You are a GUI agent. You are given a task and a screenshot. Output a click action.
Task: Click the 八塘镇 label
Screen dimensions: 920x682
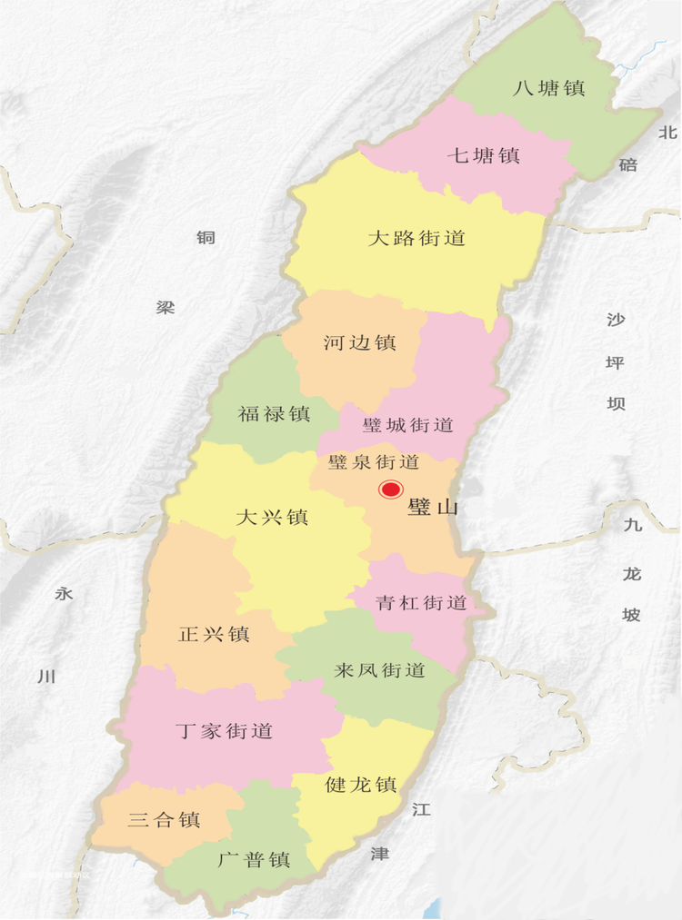548,88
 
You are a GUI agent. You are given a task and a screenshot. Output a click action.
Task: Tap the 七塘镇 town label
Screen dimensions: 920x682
483,155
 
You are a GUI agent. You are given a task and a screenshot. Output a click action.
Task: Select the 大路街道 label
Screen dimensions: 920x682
416,238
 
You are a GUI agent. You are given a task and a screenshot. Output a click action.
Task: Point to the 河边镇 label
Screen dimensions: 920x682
359,342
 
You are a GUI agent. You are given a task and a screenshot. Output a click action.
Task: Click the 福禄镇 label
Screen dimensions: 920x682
274,414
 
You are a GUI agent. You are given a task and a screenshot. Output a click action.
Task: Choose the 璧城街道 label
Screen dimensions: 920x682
407,425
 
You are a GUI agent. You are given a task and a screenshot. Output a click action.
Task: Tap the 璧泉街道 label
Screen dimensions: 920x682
374,462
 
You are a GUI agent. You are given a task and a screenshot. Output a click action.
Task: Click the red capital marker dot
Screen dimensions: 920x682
390,490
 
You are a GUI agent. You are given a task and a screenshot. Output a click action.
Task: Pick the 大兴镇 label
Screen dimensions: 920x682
272,518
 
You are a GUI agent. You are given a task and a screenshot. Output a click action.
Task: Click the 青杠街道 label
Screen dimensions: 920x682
421,602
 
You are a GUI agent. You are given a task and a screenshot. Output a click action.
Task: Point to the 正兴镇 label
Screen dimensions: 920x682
214,634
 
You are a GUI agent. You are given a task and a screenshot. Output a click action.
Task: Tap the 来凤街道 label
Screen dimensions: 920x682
380,671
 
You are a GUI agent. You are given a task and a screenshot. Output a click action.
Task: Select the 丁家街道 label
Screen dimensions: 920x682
224,730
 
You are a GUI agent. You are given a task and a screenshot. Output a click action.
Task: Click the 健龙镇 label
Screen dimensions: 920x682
361,785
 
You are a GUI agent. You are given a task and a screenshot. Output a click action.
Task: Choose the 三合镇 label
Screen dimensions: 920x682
165,820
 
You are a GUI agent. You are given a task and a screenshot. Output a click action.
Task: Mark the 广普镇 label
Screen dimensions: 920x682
255,859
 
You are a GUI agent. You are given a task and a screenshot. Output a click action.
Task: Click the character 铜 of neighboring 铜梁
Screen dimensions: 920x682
206,238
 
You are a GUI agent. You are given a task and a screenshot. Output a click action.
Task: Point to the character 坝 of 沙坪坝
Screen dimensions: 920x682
617,403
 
